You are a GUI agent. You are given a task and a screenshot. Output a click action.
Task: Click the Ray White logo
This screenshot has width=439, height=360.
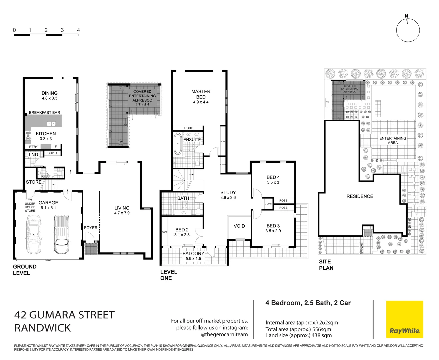[x=404, y=319]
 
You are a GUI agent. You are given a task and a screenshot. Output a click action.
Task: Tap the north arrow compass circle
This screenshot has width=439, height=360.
[x=408, y=30]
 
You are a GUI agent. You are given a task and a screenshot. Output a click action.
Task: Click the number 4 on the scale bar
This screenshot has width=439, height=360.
[x=78, y=30]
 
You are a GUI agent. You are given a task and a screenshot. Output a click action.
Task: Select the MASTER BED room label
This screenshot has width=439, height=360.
[x=201, y=94]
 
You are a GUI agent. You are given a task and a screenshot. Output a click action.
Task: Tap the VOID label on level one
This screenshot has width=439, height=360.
[x=239, y=226]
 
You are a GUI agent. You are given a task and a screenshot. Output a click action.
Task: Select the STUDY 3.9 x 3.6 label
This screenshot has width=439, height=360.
[x=228, y=195]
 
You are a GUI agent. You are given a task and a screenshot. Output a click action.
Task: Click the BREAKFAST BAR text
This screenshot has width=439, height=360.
[x=44, y=112]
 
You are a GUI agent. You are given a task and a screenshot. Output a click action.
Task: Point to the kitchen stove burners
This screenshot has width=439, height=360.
[x=28, y=135]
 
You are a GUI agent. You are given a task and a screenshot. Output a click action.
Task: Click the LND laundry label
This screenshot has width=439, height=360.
[x=33, y=155]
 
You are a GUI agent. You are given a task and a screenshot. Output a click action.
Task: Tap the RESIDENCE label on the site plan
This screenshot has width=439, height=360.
[x=359, y=196]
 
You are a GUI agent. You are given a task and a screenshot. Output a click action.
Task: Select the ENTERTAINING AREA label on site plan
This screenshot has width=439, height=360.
[x=393, y=140]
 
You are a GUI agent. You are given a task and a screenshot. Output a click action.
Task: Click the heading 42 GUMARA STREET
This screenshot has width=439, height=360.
[x=64, y=315]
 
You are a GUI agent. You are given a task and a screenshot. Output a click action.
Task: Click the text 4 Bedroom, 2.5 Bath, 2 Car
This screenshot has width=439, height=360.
[x=308, y=303]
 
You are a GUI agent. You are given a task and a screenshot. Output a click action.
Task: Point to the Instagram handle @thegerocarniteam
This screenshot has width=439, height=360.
[x=224, y=334]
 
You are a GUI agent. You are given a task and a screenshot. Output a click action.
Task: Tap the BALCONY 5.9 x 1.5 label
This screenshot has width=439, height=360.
[x=193, y=256]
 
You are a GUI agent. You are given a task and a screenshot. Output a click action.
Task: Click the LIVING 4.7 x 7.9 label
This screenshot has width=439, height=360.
[x=122, y=210]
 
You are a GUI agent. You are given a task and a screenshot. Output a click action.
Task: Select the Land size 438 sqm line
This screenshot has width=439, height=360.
[x=299, y=335]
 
